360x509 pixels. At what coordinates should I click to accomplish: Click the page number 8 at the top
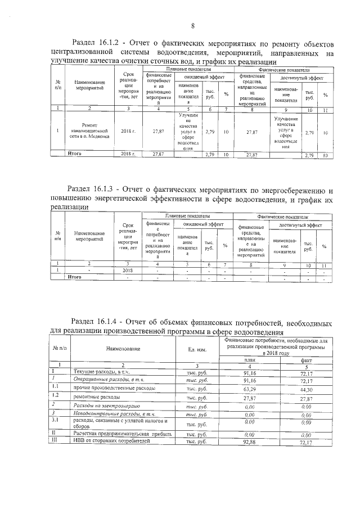193,26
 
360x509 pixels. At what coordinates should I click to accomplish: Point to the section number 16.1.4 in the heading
103,323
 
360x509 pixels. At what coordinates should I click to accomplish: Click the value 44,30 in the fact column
306,388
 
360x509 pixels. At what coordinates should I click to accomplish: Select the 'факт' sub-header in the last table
306,359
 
